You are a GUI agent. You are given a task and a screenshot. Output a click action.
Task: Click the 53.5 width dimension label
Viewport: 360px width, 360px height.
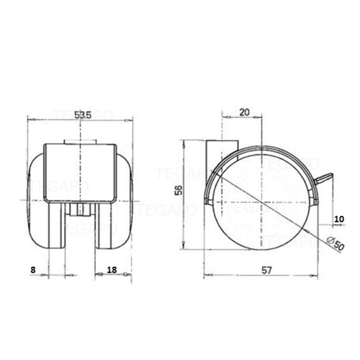point(83,114)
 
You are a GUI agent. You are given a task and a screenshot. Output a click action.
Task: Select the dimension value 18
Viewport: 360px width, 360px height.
point(112,270)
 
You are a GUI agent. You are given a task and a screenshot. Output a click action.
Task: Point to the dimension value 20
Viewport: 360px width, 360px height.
point(244,112)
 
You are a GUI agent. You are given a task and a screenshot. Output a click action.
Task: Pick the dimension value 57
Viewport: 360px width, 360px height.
point(267,270)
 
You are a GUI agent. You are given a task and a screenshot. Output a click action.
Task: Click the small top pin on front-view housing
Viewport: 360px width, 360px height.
point(80,142)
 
